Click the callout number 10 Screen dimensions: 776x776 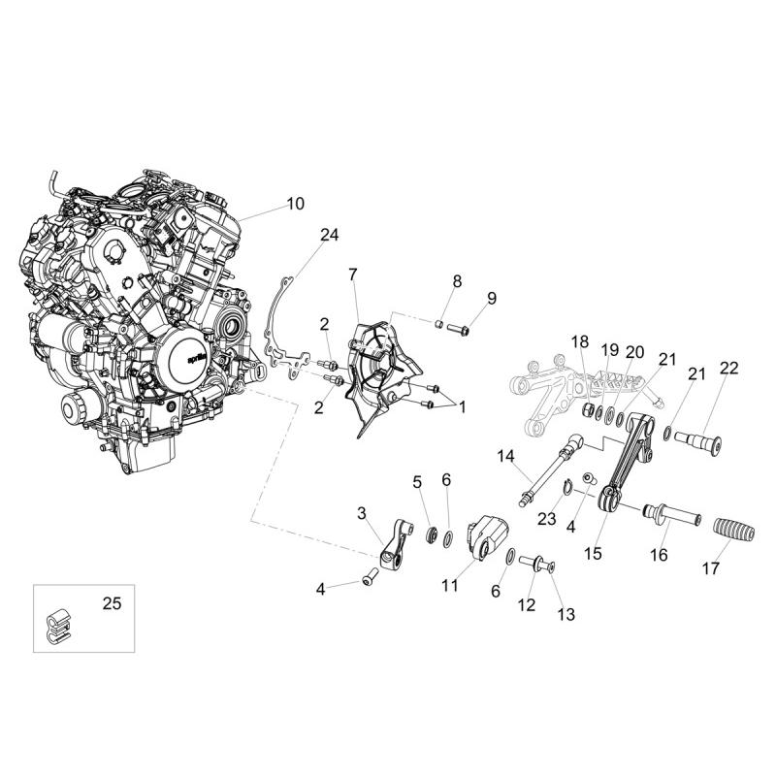coord(296,204)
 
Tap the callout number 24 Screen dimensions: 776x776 coord(329,235)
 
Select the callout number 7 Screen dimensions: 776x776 coord(352,275)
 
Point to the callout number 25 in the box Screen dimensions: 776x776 coord(112,603)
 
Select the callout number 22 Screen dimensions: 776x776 coord(729,368)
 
